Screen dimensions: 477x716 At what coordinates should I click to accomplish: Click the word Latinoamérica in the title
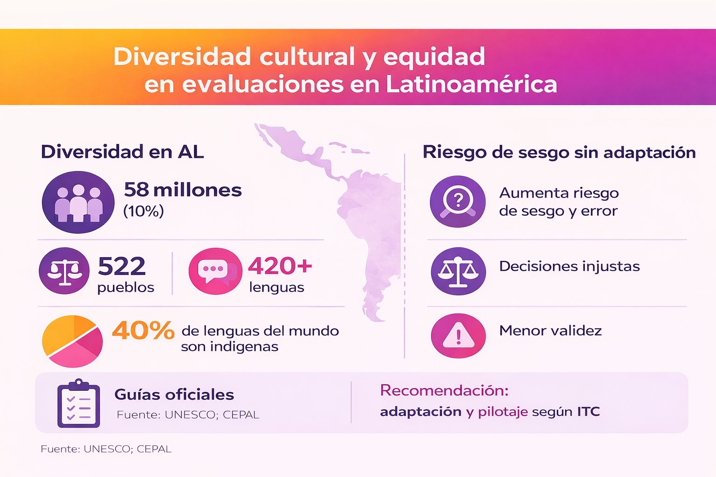(x=471, y=84)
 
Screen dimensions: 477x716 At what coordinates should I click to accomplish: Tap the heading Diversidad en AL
(x=122, y=152)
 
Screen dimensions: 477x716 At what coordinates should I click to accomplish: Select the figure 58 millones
(x=183, y=190)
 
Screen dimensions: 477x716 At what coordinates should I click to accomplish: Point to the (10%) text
(x=144, y=211)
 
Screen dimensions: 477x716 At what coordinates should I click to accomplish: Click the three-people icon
(x=78, y=202)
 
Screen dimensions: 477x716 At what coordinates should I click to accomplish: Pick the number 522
(x=122, y=266)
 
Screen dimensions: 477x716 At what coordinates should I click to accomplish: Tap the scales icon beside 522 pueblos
(x=64, y=271)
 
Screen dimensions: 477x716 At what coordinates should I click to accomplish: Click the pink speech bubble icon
(x=215, y=271)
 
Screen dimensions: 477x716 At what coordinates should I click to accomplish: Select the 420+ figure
(x=280, y=266)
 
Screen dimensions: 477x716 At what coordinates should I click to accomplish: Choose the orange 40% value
(x=143, y=331)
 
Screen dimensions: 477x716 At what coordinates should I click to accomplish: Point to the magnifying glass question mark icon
(x=458, y=201)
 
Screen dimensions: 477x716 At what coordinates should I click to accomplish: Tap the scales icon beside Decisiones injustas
(x=458, y=271)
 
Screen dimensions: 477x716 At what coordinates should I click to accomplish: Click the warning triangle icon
(x=458, y=336)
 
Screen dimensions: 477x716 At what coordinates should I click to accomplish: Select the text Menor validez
(x=550, y=331)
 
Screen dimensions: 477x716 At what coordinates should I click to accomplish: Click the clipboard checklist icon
(x=78, y=404)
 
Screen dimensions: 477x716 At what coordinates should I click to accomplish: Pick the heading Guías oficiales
(x=174, y=395)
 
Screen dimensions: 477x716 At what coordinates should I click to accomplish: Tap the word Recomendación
(x=444, y=390)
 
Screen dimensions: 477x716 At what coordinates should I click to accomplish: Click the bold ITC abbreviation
(x=588, y=412)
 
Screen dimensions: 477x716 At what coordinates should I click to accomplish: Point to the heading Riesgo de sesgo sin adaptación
(x=559, y=152)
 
